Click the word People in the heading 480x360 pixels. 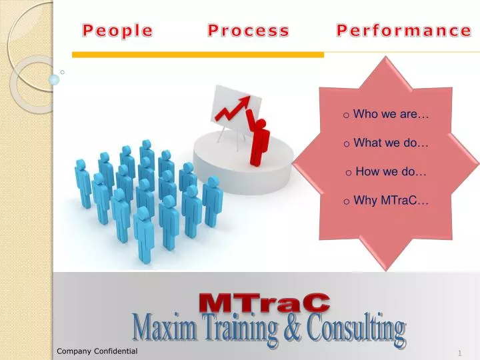click(x=117, y=31)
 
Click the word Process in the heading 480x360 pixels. click(x=248, y=31)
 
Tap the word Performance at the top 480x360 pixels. click(x=403, y=31)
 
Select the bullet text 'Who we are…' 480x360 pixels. click(x=391, y=114)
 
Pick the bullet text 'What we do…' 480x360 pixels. click(x=391, y=143)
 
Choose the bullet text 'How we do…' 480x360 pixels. click(x=391, y=171)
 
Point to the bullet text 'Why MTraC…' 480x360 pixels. click(x=391, y=200)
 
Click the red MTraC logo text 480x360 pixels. click(x=265, y=302)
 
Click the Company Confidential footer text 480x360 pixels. click(x=97, y=351)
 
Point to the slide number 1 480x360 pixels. click(x=460, y=351)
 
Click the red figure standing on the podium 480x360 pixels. click(x=259, y=140)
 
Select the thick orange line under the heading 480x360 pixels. click(x=198, y=55)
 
